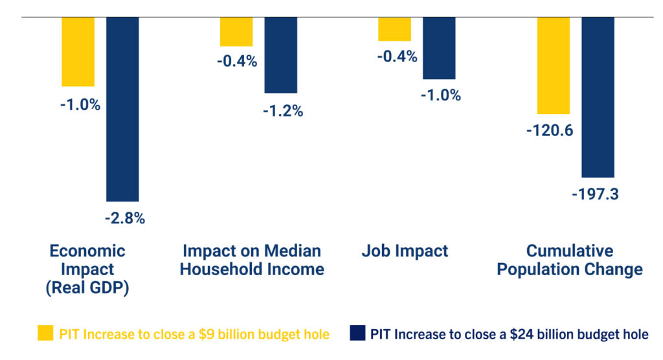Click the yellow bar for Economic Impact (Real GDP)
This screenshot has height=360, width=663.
tap(78, 51)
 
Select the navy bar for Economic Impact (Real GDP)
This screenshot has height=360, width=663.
tap(122, 109)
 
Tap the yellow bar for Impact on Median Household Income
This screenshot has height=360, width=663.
tap(236, 32)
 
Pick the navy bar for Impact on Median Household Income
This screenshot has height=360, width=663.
tap(280, 55)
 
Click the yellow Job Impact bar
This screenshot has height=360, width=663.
tap(394, 29)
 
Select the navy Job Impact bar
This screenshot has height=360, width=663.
tap(439, 48)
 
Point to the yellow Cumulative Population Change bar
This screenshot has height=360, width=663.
tap(553, 65)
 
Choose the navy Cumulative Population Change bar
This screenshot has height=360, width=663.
tap(598, 96)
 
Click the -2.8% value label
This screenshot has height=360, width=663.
tap(124, 218)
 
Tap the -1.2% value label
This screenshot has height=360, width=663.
tap(283, 111)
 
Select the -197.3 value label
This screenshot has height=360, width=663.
tap(595, 194)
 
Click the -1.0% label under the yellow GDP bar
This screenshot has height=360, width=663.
tap(80, 104)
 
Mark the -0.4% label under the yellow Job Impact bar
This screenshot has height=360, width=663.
tap(397, 56)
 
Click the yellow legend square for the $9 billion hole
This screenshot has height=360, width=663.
tap(45, 333)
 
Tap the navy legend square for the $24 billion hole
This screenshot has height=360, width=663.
tap(357, 333)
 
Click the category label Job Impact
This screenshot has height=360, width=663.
tap(405, 251)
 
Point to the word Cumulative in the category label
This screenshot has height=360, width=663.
tap(569, 251)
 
